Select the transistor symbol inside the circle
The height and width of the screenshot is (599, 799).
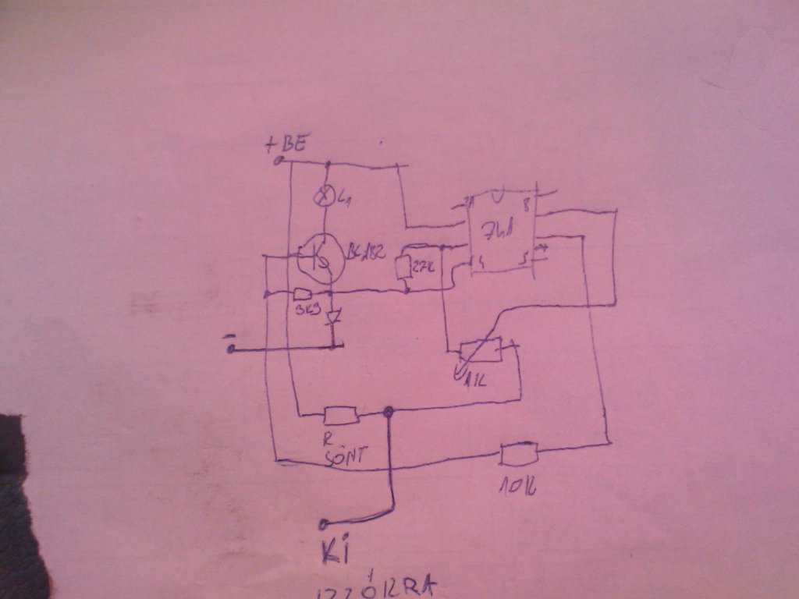coord(320,258)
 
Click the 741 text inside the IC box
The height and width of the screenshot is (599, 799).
coord(496,232)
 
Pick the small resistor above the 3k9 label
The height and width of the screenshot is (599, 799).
coord(303,294)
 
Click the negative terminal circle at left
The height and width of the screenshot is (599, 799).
coord(230,349)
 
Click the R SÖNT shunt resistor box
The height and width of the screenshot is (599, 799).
coord(341,414)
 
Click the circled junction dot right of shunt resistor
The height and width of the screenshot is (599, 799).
coord(389,411)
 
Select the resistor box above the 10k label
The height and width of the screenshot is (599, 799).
coord(518,452)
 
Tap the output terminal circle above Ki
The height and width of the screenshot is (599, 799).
coord(324,524)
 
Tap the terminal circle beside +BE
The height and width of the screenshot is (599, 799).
coord(279,161)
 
